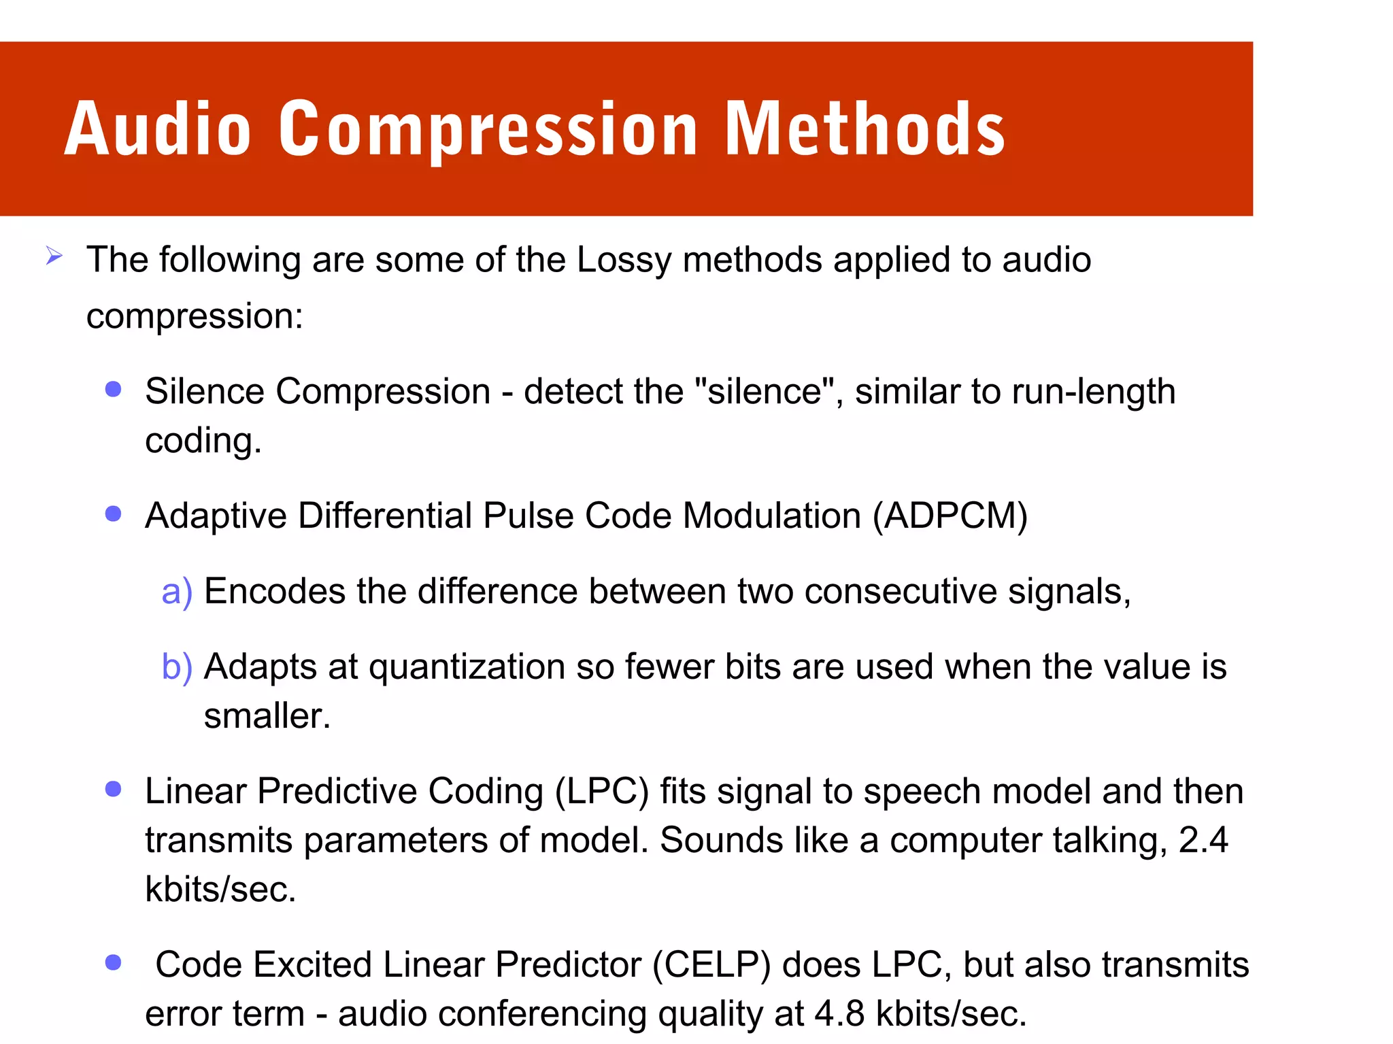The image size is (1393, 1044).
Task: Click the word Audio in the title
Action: pos(158,129)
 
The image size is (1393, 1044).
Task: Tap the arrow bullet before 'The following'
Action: pos(54,257)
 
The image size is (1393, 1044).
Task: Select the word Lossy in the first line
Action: pos(624,260)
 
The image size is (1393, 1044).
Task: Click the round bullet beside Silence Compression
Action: pos(114,389)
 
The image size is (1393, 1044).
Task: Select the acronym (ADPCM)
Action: pos(950,516)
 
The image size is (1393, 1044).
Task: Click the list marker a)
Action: pos(177,591)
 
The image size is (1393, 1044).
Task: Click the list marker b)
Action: pos(177,667)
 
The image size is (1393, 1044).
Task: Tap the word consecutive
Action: pos(900,591)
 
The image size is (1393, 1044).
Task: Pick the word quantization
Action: pos(467,667)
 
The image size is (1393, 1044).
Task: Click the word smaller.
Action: pos(266,716)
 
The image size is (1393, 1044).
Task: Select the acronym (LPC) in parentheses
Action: pos(601,792)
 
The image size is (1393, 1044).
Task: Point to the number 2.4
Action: pos(1203,841)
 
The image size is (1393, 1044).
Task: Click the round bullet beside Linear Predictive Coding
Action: pos(114,789)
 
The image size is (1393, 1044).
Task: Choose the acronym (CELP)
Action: pos(711,965)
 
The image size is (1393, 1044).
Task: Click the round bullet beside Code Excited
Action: pos(114,962)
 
